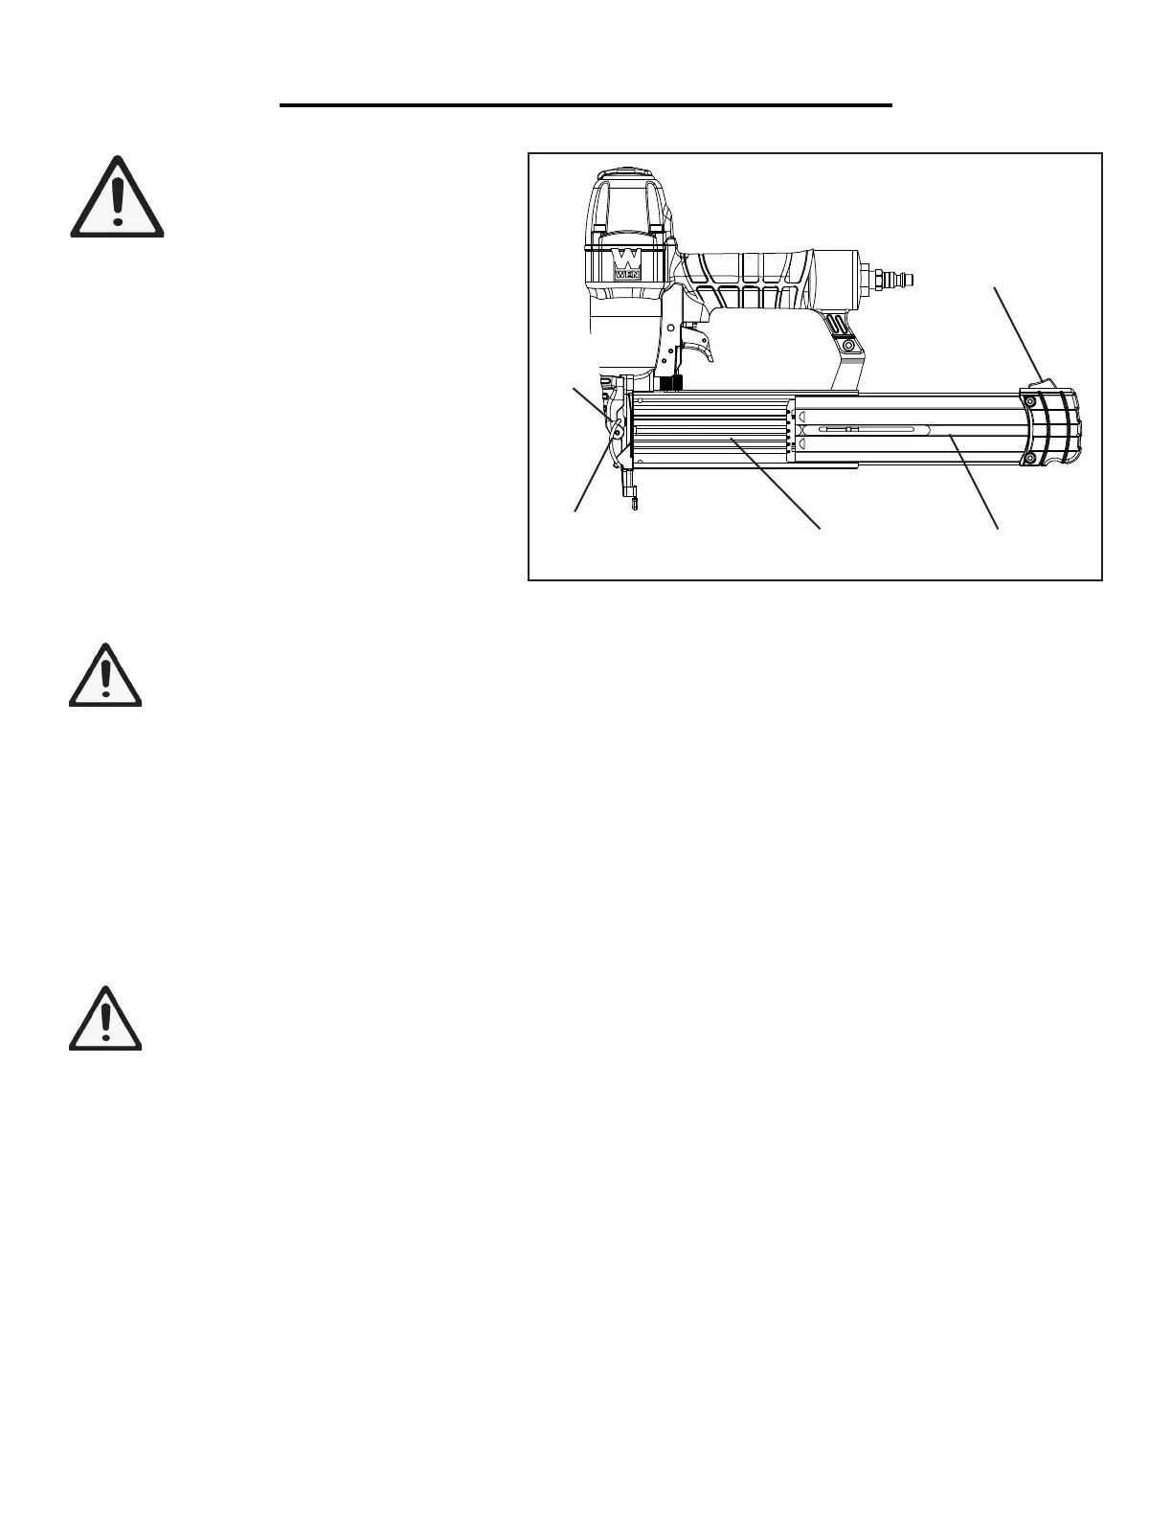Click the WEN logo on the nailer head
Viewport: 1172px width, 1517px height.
coord(627,263)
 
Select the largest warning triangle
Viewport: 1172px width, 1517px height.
coord(117,198)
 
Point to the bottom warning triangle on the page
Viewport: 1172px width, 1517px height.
coord(105,1018)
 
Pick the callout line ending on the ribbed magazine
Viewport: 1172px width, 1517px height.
coord(776,483)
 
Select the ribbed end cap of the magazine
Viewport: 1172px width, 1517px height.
coord(1053,431)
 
